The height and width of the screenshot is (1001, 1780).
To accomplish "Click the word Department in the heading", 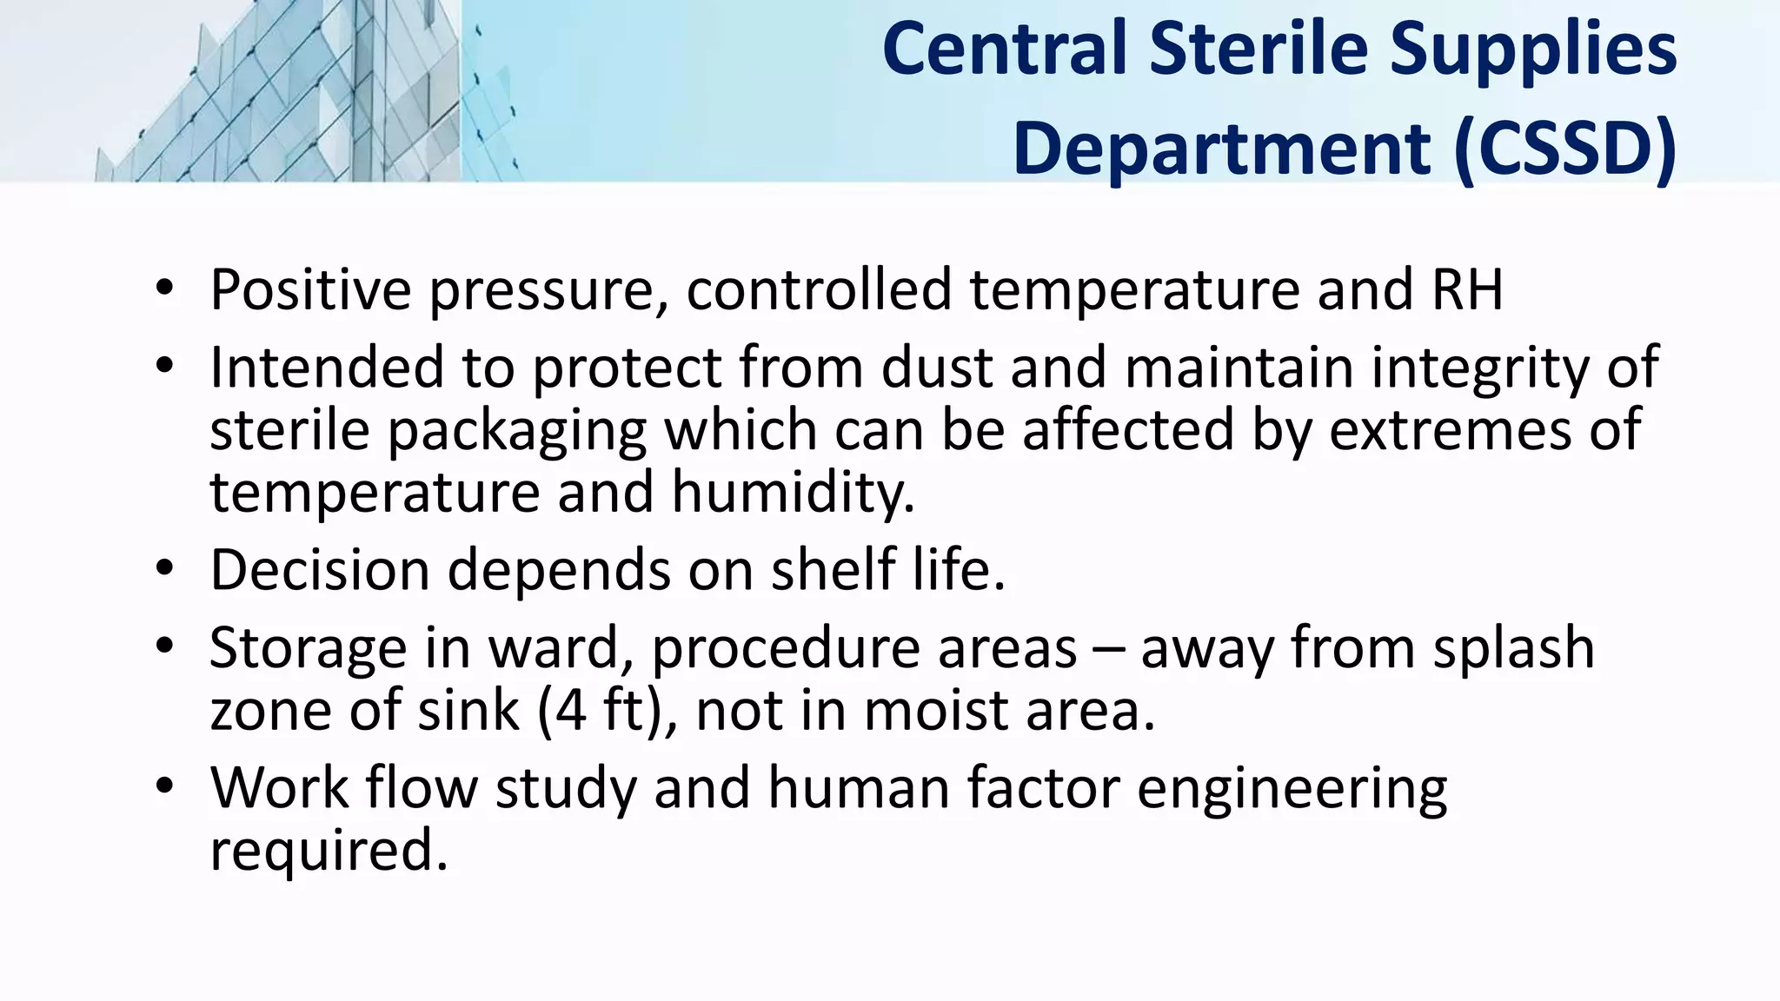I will click(1221, 149).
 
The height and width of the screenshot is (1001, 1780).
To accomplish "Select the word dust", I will click(936, 367).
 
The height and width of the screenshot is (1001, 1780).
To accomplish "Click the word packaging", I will click(517, 431).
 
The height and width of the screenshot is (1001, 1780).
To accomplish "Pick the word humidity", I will click(793, 493).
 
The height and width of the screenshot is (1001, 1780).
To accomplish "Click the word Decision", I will click(320, 570).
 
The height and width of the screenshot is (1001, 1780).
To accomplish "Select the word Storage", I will click(308, 649).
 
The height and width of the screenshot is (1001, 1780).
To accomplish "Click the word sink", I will click(468, 711).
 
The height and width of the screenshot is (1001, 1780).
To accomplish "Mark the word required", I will click(329, 851).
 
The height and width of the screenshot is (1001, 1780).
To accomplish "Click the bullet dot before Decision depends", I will click(165, 569).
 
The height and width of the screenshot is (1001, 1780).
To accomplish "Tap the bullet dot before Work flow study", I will click(165, 787).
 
